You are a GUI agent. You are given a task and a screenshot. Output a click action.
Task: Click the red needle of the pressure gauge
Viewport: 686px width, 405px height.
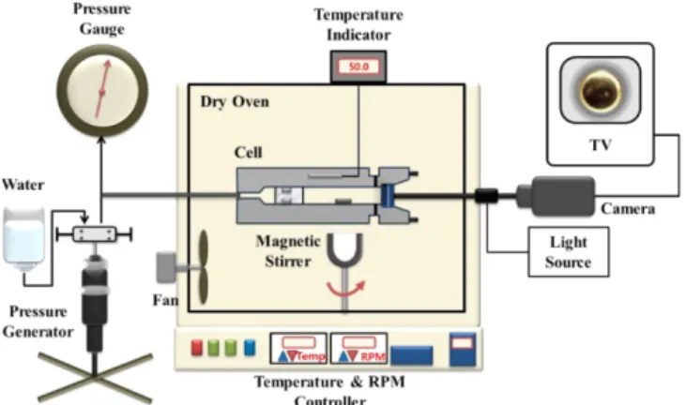[x=102, y=89]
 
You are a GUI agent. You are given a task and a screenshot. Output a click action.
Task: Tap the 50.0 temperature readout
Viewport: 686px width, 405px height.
[x=358, y=67]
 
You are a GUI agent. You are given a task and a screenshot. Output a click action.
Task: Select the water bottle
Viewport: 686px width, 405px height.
[x=23, y=239]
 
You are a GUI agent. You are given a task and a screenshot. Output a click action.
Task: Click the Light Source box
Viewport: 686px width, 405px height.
[x=569, y=251]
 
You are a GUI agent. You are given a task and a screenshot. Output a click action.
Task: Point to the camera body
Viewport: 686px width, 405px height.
[x=563, y=196]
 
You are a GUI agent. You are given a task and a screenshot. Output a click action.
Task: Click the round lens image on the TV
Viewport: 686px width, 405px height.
[x=601, y=90]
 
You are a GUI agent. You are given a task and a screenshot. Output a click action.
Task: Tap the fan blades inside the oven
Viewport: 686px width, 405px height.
[x=204, y=266]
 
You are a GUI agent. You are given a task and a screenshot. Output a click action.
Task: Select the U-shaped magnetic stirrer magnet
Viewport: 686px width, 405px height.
[x=345, y=250]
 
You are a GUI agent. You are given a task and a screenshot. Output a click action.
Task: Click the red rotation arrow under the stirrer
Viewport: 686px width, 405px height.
[x=345, y=290]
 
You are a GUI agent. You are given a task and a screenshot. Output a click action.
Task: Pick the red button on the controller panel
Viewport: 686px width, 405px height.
[x=197, y=348]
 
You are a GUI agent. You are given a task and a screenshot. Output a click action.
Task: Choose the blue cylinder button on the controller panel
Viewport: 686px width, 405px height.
[x=250, y=347]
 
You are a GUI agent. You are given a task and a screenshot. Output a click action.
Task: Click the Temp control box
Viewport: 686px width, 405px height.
[x=298, y=348]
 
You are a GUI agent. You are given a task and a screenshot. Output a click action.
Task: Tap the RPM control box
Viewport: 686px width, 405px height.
[x=358, y=348]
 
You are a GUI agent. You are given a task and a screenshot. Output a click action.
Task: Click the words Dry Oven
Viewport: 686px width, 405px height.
[x=235, y=102]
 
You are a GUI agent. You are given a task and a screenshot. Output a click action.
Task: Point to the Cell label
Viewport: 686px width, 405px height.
[x=248, y=153]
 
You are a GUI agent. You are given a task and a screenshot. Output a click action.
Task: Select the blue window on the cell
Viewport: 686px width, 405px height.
[x=388, y=195]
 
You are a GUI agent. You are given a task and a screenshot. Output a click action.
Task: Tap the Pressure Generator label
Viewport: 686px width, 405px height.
[x=38, y=322]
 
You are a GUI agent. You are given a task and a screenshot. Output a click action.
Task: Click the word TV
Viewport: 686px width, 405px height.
[x=600, y=145]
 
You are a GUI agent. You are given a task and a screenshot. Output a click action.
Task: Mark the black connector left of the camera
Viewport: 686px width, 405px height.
[x=486, y=196]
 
